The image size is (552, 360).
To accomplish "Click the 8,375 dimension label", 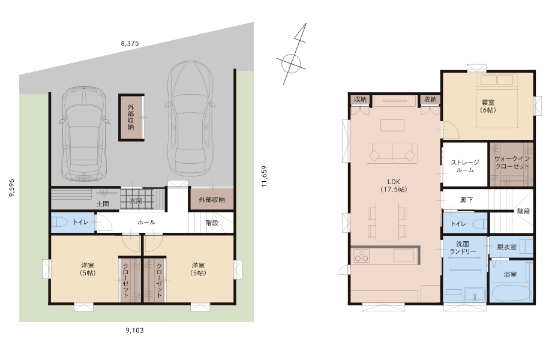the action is (130, 43).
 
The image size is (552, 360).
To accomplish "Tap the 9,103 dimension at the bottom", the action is (134, 331).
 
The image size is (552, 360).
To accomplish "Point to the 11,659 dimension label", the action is (265, 176).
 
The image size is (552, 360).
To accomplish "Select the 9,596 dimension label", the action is (11, 188).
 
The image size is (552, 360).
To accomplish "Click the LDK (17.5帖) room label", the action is (394, 185).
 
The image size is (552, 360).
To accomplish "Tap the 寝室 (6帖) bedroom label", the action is (488, 106).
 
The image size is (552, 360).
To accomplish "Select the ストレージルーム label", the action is (465, 166).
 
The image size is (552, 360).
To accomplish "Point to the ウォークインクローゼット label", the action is (512, 163).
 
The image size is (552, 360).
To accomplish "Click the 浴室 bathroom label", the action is (510, 274).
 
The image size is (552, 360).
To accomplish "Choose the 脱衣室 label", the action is (506, 247).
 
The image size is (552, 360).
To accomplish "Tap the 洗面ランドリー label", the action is (463, 248).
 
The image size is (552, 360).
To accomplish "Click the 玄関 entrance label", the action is (136, 201).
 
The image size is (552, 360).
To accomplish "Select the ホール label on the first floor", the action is (146, 223).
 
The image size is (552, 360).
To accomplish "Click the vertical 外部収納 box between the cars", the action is (131, 118).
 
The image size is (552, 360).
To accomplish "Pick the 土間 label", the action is (103, 204).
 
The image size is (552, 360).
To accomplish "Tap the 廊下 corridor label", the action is (466, 200).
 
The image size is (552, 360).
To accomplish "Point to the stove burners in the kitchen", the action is (361, 256).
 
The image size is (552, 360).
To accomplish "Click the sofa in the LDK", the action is (392, 153).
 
